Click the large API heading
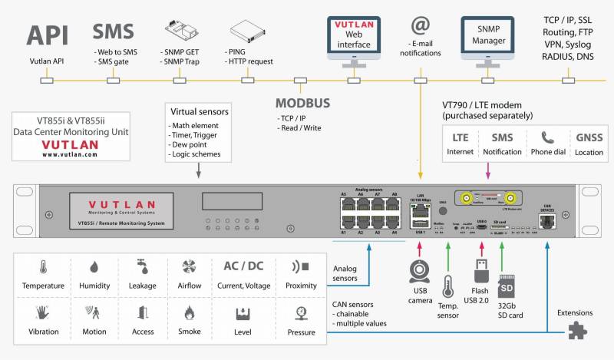click(x=48, y=35)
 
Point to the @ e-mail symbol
click(x=420, y=26)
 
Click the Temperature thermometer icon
click(x=43, y=267)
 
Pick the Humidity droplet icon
click(x=94, y=267)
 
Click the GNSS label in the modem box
click(x=588, y=137)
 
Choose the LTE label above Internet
click(x=460, y=137)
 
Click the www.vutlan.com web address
click(x=69, y=154)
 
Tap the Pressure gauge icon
click(x=301, y=312)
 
